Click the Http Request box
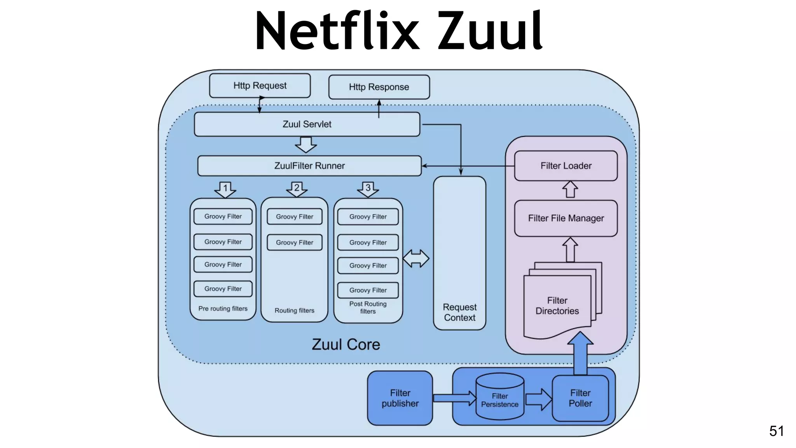click(x=260, y=86)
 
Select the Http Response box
click(x=379, y=87)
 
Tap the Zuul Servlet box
click(x=307, y=124)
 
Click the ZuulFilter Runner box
click(x=309, y=166)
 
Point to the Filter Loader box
click(x=566, y=166)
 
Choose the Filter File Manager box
click(x=566, y=218)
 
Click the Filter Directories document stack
click(x=558, y=306)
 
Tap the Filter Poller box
click(x=580, y=398)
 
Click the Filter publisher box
click(x=400, y=398)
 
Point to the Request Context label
click(x=459, y=312)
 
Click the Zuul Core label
click(x=346, y=345)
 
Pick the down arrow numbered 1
click(x=225, y=189)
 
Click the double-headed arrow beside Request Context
click(x=416, y=259)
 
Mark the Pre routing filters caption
click(x=223, y=309)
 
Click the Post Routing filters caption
click(x=368, y=307)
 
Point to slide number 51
click(x=776, y=431)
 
